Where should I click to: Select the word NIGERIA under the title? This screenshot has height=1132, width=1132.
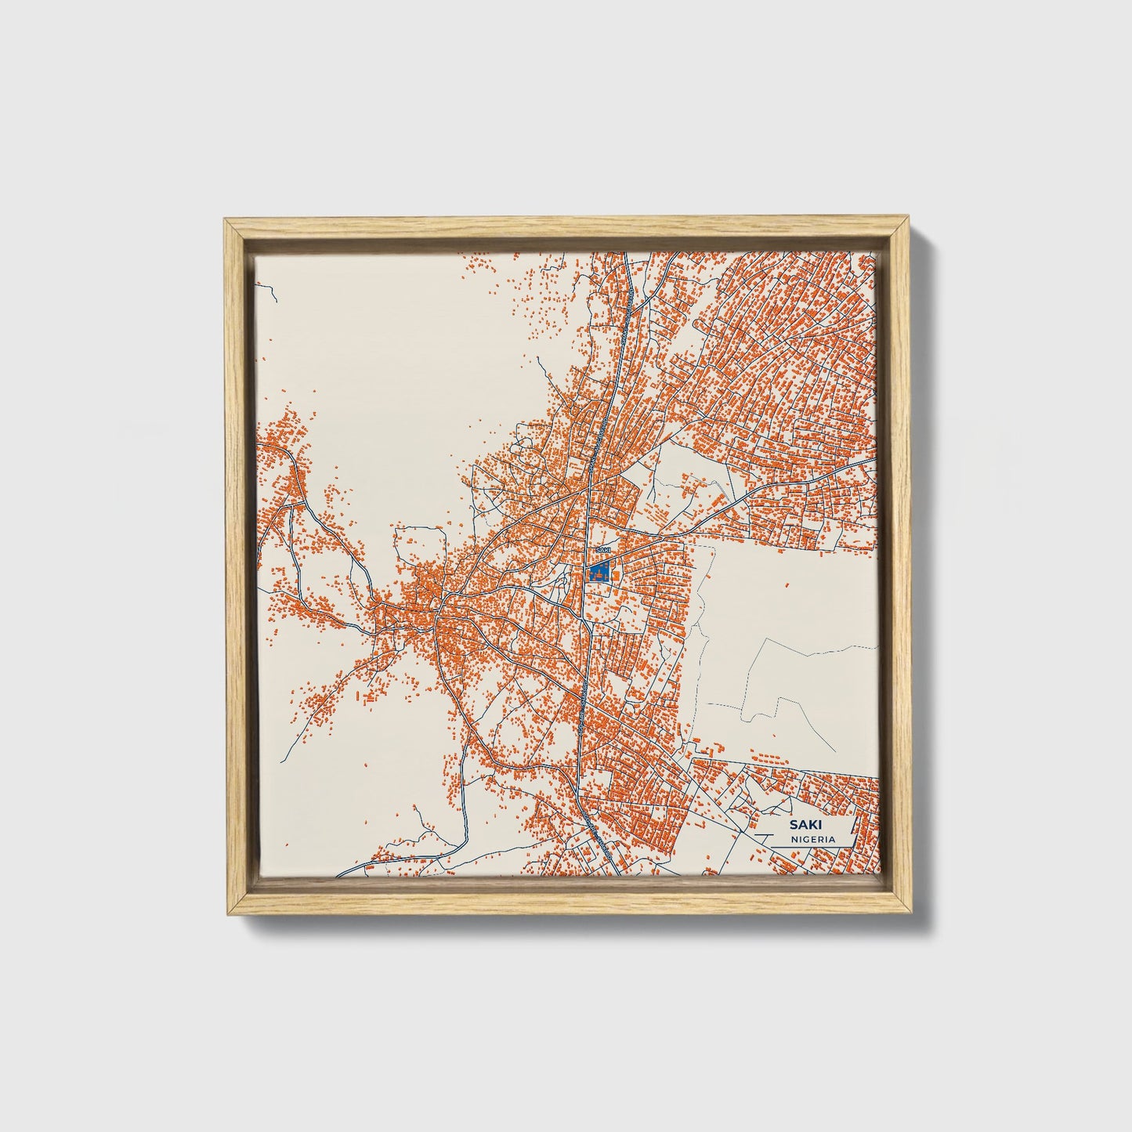pos(812,839)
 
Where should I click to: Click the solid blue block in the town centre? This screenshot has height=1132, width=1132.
pos(599,572)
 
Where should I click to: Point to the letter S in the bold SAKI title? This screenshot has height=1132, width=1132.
pos(793,824)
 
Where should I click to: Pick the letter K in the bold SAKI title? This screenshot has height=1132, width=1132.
pos(808,824)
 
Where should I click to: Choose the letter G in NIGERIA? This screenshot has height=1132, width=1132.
pos(805,839)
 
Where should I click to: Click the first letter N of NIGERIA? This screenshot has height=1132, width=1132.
pos(794,839)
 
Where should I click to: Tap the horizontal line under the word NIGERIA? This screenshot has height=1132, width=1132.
pos(812,846)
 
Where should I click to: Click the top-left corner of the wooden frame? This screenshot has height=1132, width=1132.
pos(225,222)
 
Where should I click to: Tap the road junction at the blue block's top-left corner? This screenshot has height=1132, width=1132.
pos(589,562)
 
